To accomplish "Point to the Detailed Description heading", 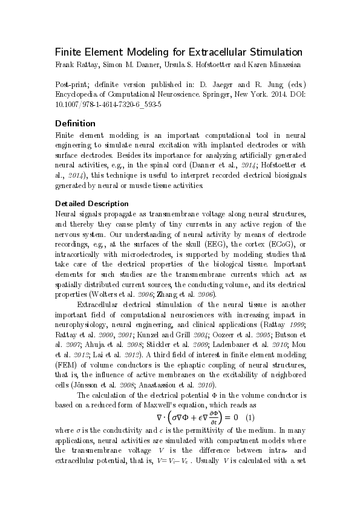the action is point(91,203).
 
